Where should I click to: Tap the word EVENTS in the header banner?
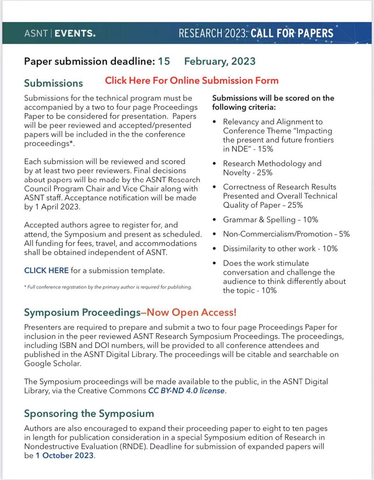[75, 33]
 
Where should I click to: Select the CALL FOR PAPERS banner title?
[292, 33]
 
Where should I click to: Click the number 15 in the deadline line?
[164, 61]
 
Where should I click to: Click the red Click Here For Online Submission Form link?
[192, 81]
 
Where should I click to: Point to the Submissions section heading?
[53, 83]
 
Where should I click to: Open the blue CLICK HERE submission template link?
[46, 271]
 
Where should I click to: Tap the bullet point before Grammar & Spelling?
[215, 220]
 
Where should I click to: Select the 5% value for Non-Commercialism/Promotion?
[344, 234]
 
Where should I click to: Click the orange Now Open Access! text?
[191, 313]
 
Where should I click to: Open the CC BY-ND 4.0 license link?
[187, 391]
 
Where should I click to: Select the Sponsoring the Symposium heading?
[89, 414]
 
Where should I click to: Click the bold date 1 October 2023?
[65, 456]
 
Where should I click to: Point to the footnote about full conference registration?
[108, 287]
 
